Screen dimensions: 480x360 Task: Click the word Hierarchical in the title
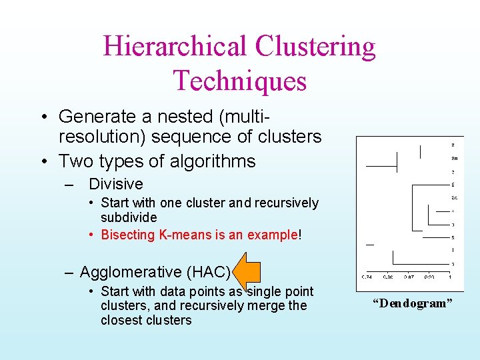(x=175, y=47)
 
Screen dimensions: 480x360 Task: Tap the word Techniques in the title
(x=240, y=81)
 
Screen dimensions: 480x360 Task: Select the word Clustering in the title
(x=314, y=47)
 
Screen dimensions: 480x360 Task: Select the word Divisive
(x=115, y=184)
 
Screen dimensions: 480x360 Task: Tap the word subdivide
(x=129, y=217)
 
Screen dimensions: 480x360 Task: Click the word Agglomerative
(x=131, y=272)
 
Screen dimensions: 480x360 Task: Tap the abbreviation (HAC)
(x=209, y=272)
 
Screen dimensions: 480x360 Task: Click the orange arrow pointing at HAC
(x=249, y=271)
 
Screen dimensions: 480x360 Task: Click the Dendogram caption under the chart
(x=412, y=303)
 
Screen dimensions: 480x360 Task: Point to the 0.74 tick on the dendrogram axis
(x=367, y=277)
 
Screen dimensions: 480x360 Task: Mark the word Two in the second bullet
(x=74, y=161)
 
